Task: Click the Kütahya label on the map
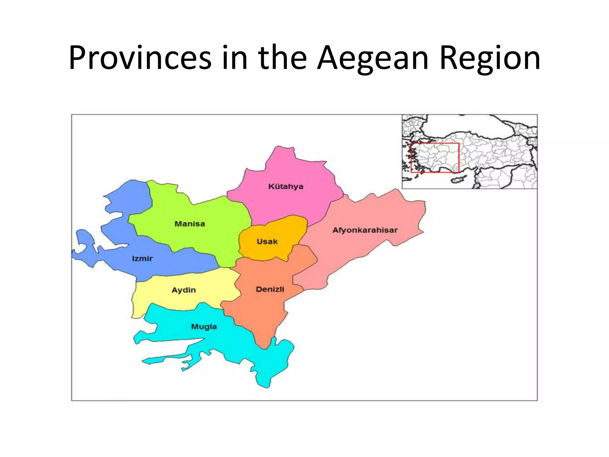point(285,187)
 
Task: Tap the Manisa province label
point(190,224)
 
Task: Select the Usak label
point(267,241)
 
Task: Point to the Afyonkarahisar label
point(365,230)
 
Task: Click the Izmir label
point(142,259)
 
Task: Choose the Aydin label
point(183,290)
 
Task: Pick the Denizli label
point(270,289)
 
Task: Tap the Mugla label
point(204,327)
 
